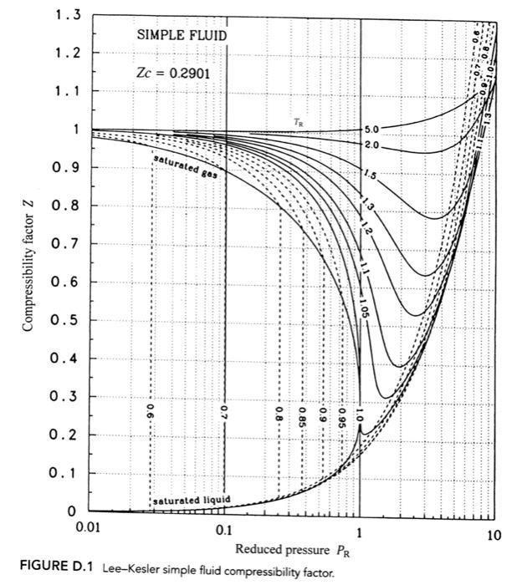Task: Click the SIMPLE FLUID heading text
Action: pos(182,35)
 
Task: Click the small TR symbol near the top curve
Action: pos(299,122)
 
